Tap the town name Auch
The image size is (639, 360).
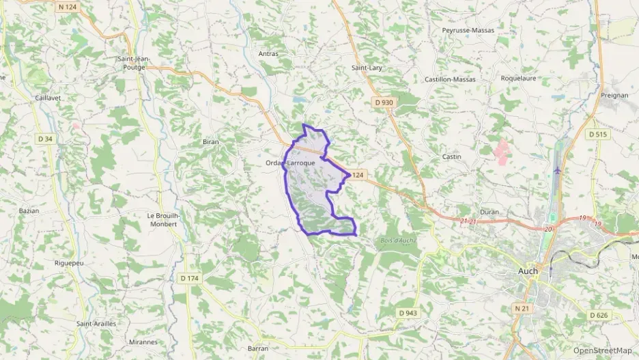tap(524, 271)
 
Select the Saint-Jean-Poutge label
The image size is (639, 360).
tap(133, 63)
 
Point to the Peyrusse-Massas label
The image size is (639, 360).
tap(468, 31)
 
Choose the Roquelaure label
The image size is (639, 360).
tap(518, 79)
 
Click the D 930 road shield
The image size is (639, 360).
tap(384, 102)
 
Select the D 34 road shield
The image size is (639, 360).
tap(45, 139)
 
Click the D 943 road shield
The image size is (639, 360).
tap(408, 312)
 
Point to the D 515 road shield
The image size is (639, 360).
tap(597, 135)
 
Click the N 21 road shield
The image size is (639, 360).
tap(522, 309)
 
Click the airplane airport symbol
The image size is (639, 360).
tap(558, 169)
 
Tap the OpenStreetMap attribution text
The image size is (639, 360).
tap(602, 350)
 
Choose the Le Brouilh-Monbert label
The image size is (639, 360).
tap(164, 219)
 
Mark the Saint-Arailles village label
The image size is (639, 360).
tap(96, 323)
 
